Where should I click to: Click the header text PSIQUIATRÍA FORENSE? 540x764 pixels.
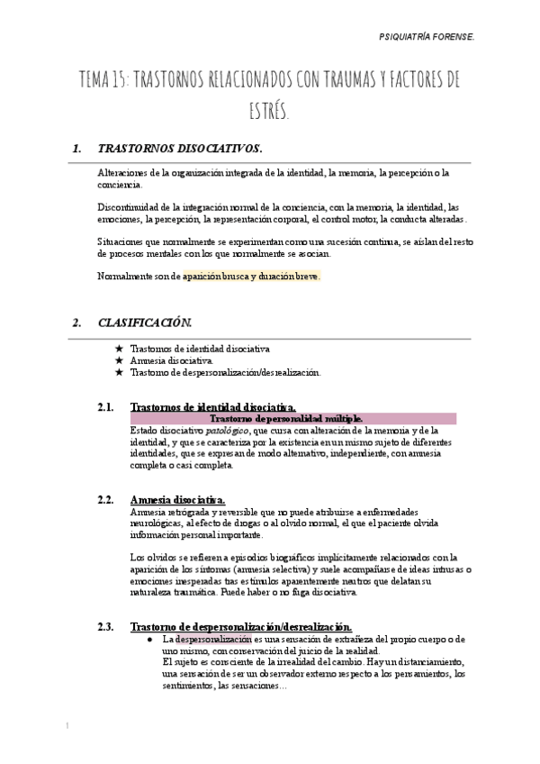tap(462, 39)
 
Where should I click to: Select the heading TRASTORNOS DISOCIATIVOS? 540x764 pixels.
tap(179, 148)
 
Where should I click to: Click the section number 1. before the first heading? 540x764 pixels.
tap(76, 148)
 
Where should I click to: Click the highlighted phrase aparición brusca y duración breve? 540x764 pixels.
tap(250, 277)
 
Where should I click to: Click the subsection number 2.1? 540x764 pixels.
tap(105, 407)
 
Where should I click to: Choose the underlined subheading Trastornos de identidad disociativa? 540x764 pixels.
tap(212, 407)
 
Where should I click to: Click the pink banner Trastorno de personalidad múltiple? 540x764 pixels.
tap(286, 419)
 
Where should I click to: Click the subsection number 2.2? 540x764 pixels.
tap(105, 500)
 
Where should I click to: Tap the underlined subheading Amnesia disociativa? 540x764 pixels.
tap(178, 500)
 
